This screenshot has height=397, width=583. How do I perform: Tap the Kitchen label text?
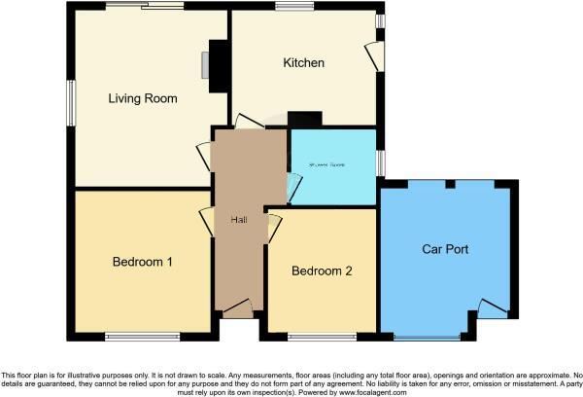(x=303, y=63)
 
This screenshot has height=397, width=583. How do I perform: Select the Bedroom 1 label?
(x=143, y=262)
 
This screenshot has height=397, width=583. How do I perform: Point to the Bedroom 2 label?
(x=322, y=271)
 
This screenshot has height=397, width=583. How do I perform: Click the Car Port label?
(x=445, y=249)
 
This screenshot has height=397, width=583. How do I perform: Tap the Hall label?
(x=238, y=219)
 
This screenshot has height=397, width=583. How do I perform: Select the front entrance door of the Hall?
(x=237, y=308)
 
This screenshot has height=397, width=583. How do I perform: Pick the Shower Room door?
(x=294, y=182)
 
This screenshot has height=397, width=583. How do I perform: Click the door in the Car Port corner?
(x=493, y=310)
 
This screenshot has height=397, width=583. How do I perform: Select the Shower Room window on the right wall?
(x=380, y=162)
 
